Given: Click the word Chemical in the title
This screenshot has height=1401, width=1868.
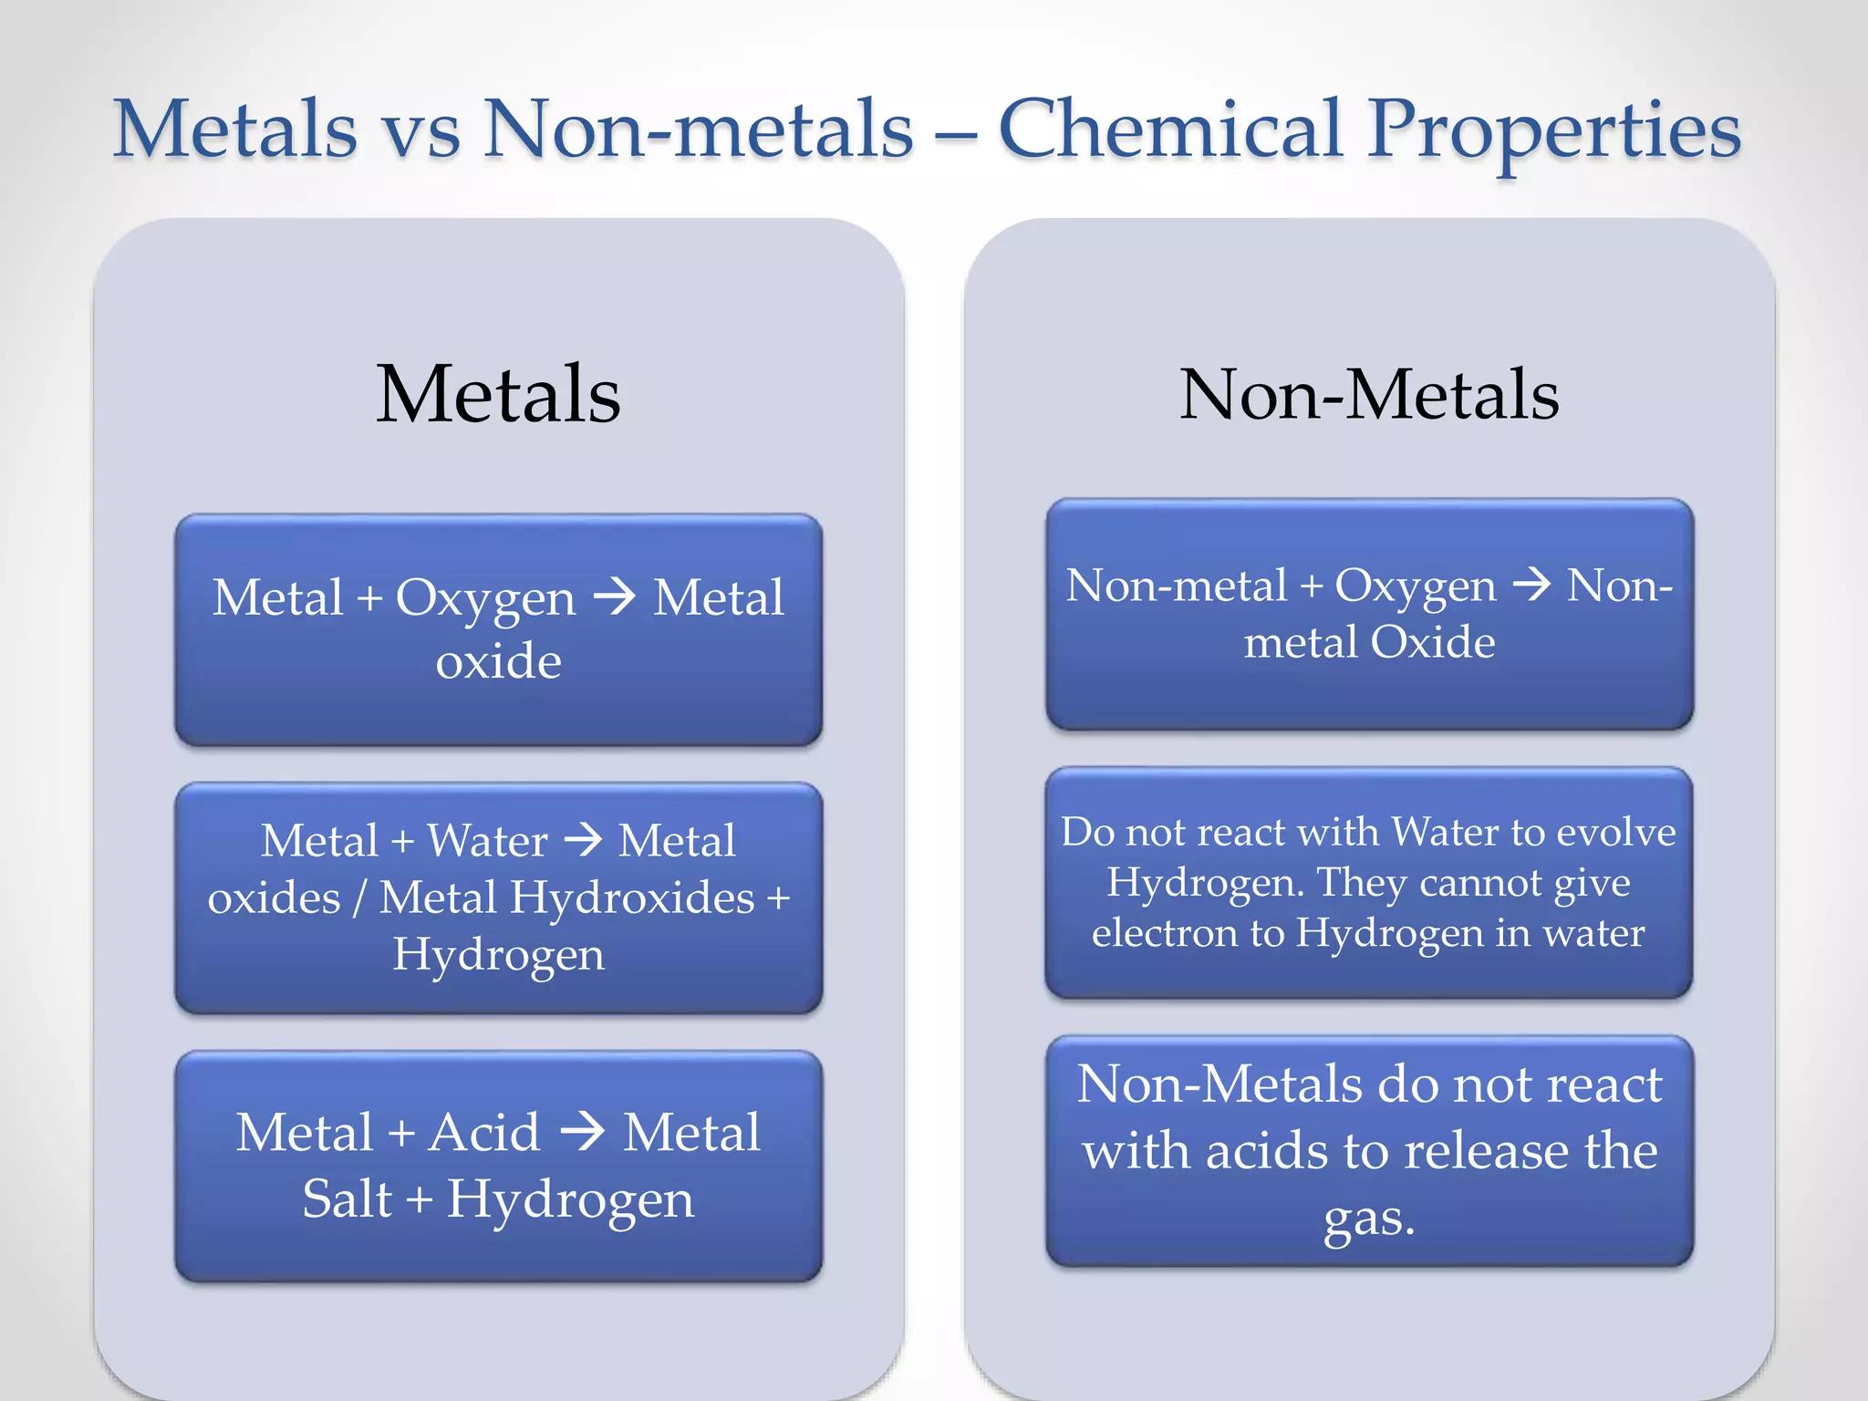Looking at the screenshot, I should click(1171, 130).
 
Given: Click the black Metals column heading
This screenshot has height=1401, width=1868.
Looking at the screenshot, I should click(498, 394).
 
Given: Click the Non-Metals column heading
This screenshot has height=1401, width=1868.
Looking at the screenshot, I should click(1369, 394).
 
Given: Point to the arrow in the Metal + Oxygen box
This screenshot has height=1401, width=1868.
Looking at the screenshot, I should click(614, 597).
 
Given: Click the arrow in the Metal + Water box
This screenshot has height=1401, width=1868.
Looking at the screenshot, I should click(583, 839).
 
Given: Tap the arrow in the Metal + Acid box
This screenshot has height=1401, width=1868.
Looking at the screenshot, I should click(582, 1132).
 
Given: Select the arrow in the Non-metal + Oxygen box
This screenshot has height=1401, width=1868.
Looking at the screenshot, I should click(1531, 584).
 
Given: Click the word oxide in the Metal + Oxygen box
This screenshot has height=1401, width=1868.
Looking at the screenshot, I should click(498, 660).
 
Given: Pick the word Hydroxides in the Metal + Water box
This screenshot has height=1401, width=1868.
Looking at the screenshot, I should click(632, 898).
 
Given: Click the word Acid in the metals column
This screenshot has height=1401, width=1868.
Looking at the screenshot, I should click(484, 1133).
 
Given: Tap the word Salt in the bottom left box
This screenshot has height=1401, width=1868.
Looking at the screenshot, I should click(347, 1199).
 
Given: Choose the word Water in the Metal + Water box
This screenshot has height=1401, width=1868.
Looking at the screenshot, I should click(487, 840).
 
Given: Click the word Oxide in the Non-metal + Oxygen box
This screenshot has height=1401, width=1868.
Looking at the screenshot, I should click(1432, 642).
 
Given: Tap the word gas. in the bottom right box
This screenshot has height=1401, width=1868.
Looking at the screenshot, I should click(1369, 1219).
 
